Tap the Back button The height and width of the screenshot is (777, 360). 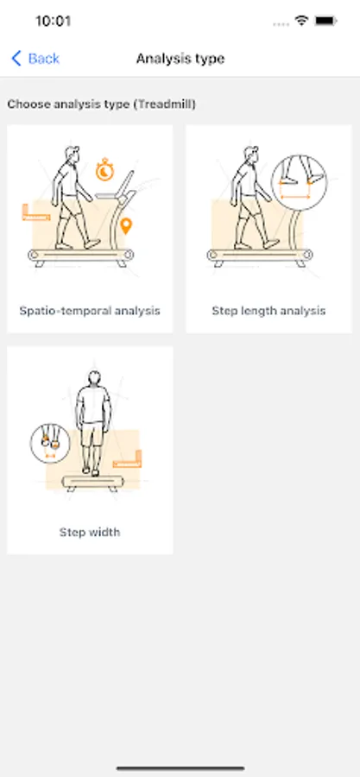tap(35, 59)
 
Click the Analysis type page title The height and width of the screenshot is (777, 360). tap(180, 59)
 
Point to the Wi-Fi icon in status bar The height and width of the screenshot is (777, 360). tap(301, 21)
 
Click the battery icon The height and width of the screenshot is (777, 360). tap(325, 21)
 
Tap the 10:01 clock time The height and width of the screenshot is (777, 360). tap(53, 22)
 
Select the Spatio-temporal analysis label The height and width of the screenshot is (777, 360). tap(90, 311)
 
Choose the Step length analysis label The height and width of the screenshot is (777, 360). tap(268, 311)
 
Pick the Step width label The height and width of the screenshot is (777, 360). tap(90, 532)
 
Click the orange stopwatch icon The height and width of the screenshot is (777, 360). tap(104, 169)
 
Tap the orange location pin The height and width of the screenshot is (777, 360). tap(126, 226)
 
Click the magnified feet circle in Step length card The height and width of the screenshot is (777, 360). tap(299, 182)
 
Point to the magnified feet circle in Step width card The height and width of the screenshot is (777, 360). tap(50, 443)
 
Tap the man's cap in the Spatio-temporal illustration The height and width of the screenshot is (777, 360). tap(73, 150)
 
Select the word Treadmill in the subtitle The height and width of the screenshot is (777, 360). tap(167, 104)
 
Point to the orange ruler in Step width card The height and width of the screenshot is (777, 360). tap(128, 459)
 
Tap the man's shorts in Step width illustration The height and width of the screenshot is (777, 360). tap(92, 433)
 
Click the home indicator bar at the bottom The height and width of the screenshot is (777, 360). tap(180, 768)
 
